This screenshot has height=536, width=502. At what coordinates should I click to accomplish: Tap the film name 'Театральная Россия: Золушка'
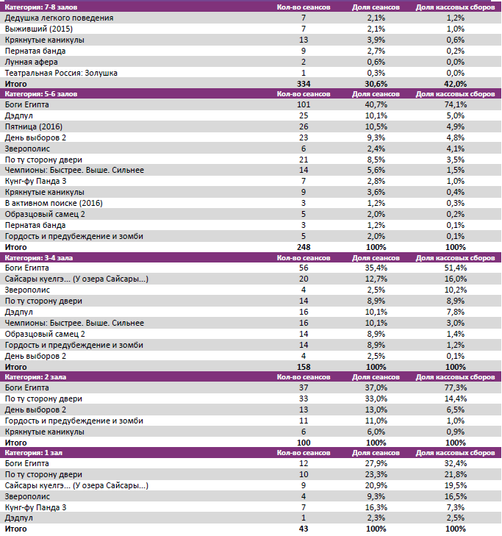pyautogui.click(x=61, y=73)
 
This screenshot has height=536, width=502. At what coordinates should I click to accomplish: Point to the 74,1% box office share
pyautogui.click(x=455, y=104)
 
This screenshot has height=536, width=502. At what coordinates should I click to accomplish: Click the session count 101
pyautogui.click(x=304, y=104)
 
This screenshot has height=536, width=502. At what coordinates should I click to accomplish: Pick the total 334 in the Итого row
pyautogui.click(x=304, y=84)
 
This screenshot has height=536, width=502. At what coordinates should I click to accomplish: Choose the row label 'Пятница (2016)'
pyautogui.click(x=34, y=126)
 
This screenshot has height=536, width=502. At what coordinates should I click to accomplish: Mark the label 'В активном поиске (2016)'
pyautogui.click(x=54, y=203)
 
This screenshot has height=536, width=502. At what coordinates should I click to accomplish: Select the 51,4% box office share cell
pyautogui.click(x=455, y=268)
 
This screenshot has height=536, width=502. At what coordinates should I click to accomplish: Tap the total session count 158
pyautogui.click(x=304, y=366)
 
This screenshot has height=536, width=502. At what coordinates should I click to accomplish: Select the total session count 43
pyautogui.click(x=304, y=529)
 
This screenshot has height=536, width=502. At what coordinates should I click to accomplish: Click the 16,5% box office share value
pyautogui.click(x=455, y=497)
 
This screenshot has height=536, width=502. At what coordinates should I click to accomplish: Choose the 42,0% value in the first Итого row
pyautogui.click(x=455, y=84)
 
